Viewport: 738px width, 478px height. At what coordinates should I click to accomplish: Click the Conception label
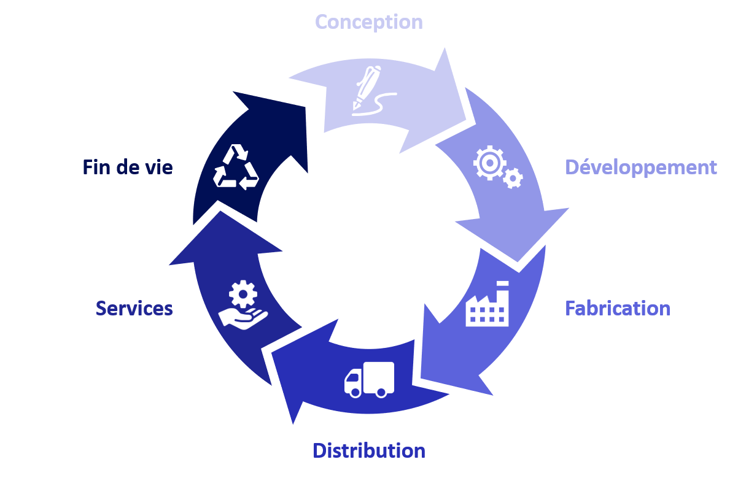tap(368, 22)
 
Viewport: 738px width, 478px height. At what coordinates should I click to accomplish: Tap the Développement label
tap(641, 168)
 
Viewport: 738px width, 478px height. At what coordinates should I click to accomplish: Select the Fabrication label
tap(618, 309)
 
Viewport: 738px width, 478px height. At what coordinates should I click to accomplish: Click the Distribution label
tap(369, 450)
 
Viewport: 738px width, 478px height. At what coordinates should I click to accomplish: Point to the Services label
tap(134, 309)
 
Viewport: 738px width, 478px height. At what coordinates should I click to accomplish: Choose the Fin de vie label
tap(128, 168)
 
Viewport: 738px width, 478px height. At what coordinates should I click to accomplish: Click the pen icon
tap(367, 87)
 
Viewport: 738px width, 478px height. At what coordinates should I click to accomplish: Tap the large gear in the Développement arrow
tap(489, 163)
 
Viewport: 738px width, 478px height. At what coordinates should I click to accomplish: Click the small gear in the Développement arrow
tap(513, 178)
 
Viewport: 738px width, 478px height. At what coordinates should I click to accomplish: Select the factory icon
tap(487, 304)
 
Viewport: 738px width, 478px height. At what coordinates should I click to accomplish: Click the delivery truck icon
tap(369, 380)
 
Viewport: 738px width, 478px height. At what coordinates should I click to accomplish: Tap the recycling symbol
tap(236, 167)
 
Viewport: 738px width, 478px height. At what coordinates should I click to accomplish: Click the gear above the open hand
tap(243, 294)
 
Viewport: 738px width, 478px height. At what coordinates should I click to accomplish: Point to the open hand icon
tap(243, 318)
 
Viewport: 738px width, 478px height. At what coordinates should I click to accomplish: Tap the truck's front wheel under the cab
tap(355, 392)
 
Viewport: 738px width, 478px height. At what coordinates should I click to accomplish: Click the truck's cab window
tap(353, 377)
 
